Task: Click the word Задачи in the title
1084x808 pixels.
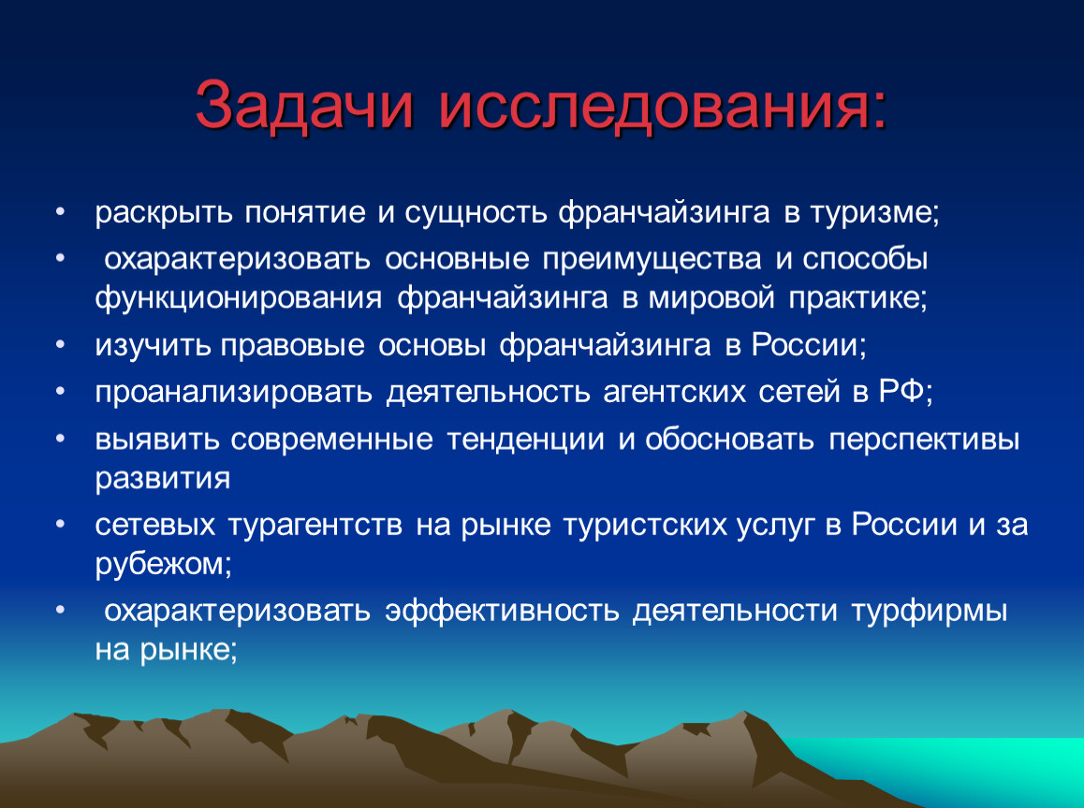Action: pos(304,105)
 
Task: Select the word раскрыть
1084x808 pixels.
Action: pos(163,213)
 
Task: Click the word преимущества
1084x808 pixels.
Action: pos(652,260)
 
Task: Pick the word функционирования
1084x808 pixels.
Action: pos(239,298)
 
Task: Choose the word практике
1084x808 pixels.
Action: pos(858,298)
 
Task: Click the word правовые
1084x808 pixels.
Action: pos(292,345)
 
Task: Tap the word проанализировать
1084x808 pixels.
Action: pos(234,392)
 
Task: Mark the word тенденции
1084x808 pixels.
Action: pos(525,440)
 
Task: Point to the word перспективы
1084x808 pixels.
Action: pos(924,440)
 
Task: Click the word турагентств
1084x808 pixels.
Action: pos(315,525)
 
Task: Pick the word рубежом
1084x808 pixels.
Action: pos(163,565)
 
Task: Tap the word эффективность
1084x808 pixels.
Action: pos(502,611)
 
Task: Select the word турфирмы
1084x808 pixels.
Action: pos(929,612)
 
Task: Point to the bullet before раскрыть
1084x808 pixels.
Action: pos(61,211)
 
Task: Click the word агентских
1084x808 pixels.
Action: pos(675,392)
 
